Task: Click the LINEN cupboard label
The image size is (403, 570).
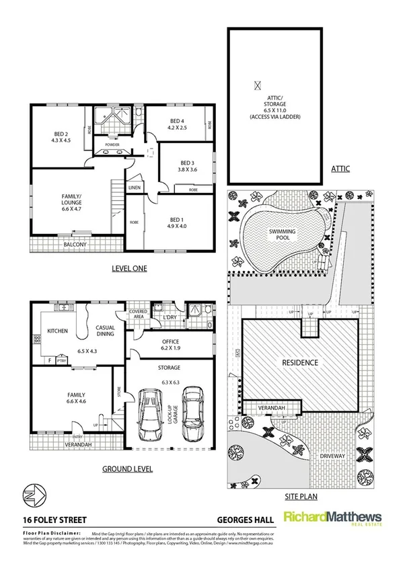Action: pos(134,188)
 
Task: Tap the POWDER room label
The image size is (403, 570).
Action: pos(112,145)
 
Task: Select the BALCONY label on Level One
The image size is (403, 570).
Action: pos(75,245)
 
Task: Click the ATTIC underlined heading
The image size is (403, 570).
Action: pos(340,169)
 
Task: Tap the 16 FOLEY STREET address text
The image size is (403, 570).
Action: pos(50,519)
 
